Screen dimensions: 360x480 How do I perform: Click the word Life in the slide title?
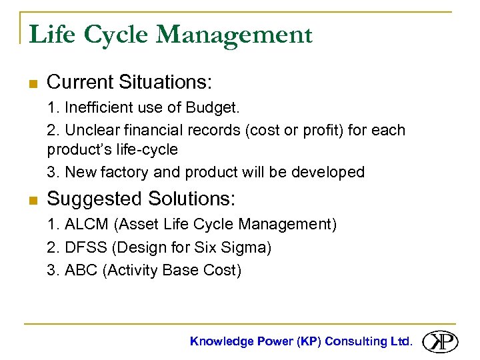pyautogui.click(x=51, y=35)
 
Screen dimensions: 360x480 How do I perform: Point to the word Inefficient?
pyautogui.click(x=102, y=107)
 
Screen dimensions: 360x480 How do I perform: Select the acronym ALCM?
pyautogui.click(x=86, y=224)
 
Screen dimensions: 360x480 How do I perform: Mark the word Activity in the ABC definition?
pyautogui.click(x=131, y=270)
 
